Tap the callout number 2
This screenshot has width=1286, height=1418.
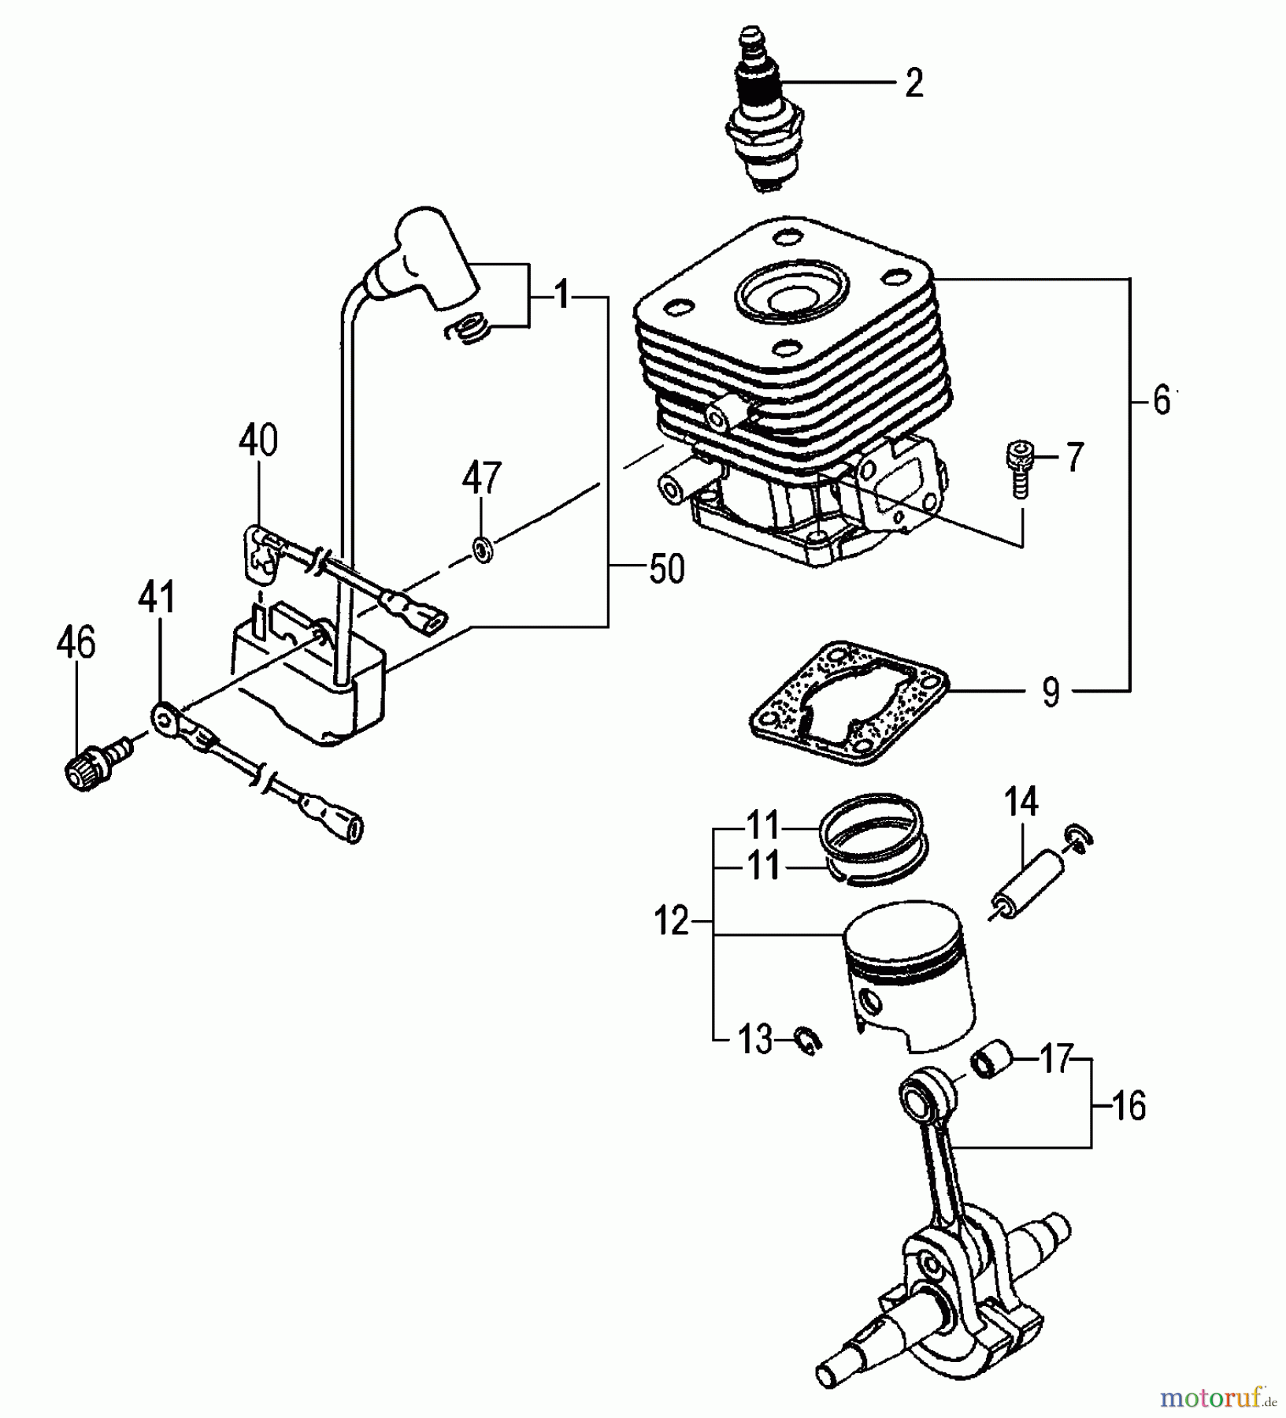click(x=913, y=83)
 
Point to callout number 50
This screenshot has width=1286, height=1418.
click(x=666, y=569)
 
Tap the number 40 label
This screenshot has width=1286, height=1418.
click(x=258, y=441)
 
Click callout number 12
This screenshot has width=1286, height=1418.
click(x=671, y=921)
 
